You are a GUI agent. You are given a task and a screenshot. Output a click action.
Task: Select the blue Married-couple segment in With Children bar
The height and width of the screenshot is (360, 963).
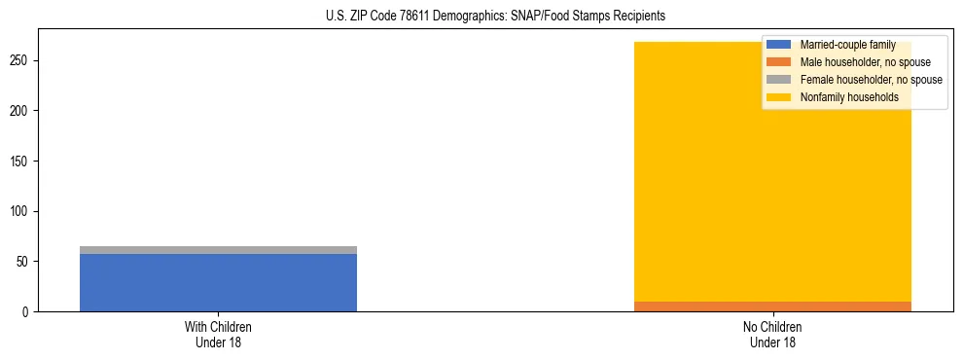point(218,282)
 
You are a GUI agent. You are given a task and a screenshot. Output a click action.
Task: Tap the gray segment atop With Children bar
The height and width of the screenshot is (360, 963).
point(218,250)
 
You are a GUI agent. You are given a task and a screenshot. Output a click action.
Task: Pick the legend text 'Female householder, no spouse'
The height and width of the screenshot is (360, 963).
point(871,80)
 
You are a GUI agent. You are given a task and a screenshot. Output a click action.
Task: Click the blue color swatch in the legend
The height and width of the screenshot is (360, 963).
point(779,45)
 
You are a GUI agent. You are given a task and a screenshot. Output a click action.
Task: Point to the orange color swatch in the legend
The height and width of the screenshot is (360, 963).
point(779,62)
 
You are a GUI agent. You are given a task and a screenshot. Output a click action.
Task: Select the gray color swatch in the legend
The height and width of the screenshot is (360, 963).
point(779,80)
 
